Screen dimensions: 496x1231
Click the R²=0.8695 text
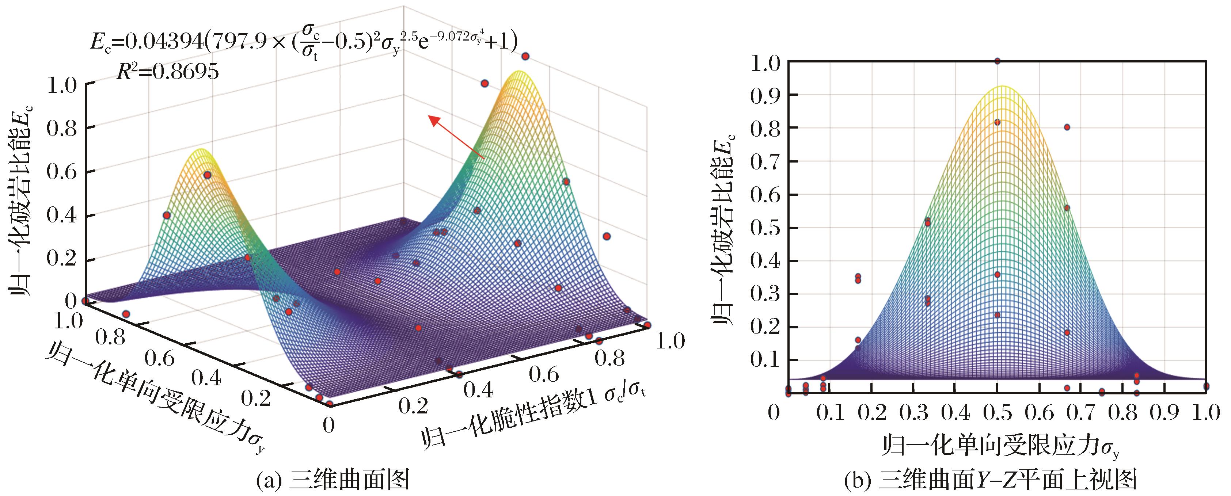168,71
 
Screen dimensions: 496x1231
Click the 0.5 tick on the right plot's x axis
997,412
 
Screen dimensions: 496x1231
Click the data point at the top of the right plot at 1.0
997,61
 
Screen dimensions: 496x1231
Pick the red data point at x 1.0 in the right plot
1206,386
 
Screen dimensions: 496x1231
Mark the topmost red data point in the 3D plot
525,56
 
